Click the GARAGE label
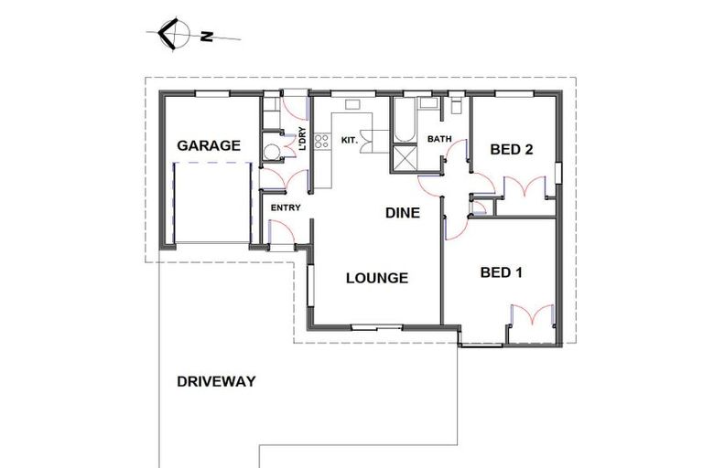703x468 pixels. tap(209, 145)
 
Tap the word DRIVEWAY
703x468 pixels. tap(216, 381)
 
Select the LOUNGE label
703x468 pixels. tap(376, 278)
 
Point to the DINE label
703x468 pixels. tap(402, 214)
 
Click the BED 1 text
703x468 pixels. tap(502, 272)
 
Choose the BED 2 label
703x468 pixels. tap(511, 150)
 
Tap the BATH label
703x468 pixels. tap(440, 140)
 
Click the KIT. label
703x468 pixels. tap(349, 140)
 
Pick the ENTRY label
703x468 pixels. tap(286, 207)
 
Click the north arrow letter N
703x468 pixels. tap(208, 37)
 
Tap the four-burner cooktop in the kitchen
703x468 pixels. tap(321, 141)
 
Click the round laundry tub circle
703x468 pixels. tap(272, 152)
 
